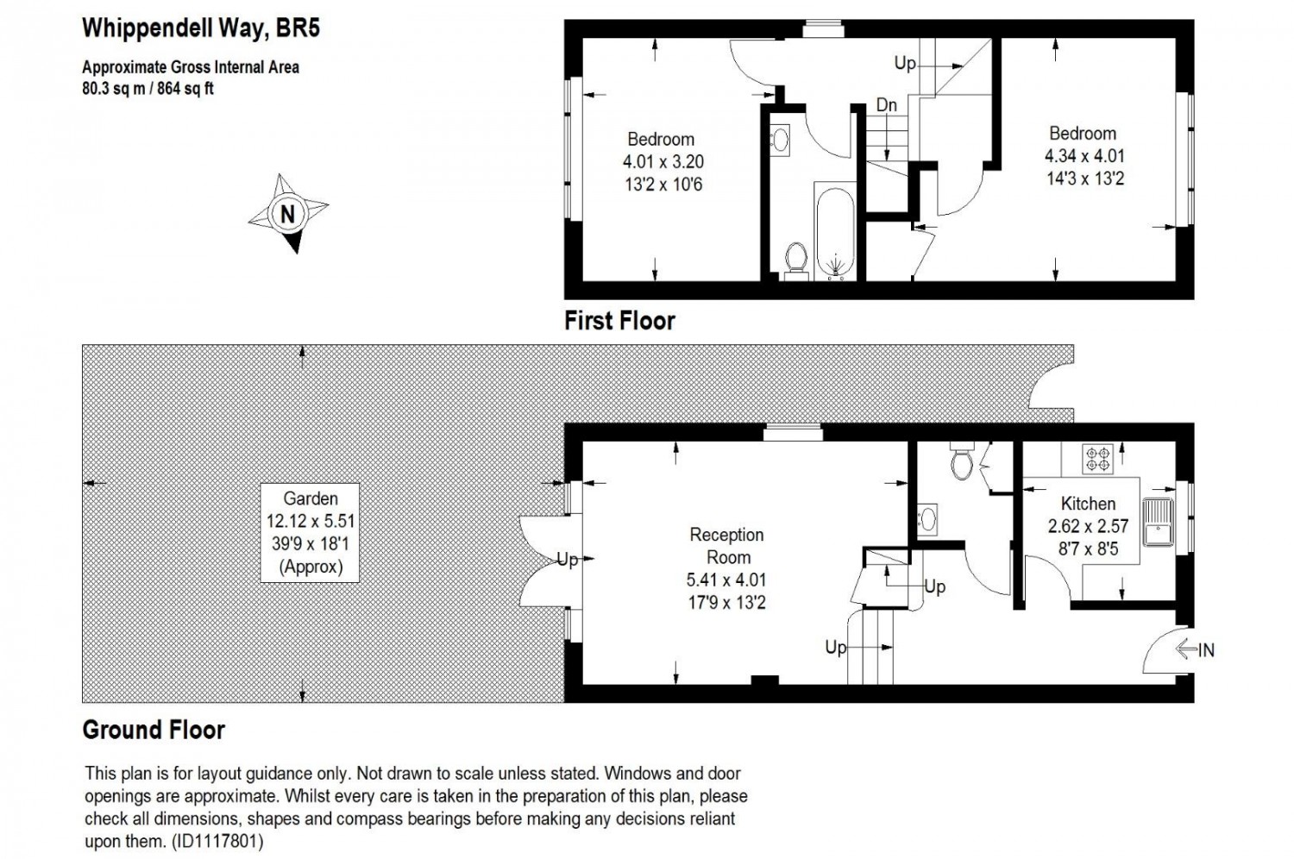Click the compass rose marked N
point(288,213)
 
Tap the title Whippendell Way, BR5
point(200,28)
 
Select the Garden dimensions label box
point(310,532)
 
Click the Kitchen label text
point(1088,504)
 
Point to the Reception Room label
point(727,546)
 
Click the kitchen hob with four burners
point(1098,458)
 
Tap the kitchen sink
point(1155,523)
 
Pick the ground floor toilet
point(961,462)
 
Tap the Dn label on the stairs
point(886,105)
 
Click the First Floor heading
point(619,321)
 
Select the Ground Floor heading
point(154,730)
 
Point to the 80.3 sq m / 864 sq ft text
point(148,88)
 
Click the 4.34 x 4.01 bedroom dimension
point(1084,156)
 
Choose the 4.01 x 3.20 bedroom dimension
point(663,162)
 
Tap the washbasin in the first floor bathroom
point(779,138)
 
